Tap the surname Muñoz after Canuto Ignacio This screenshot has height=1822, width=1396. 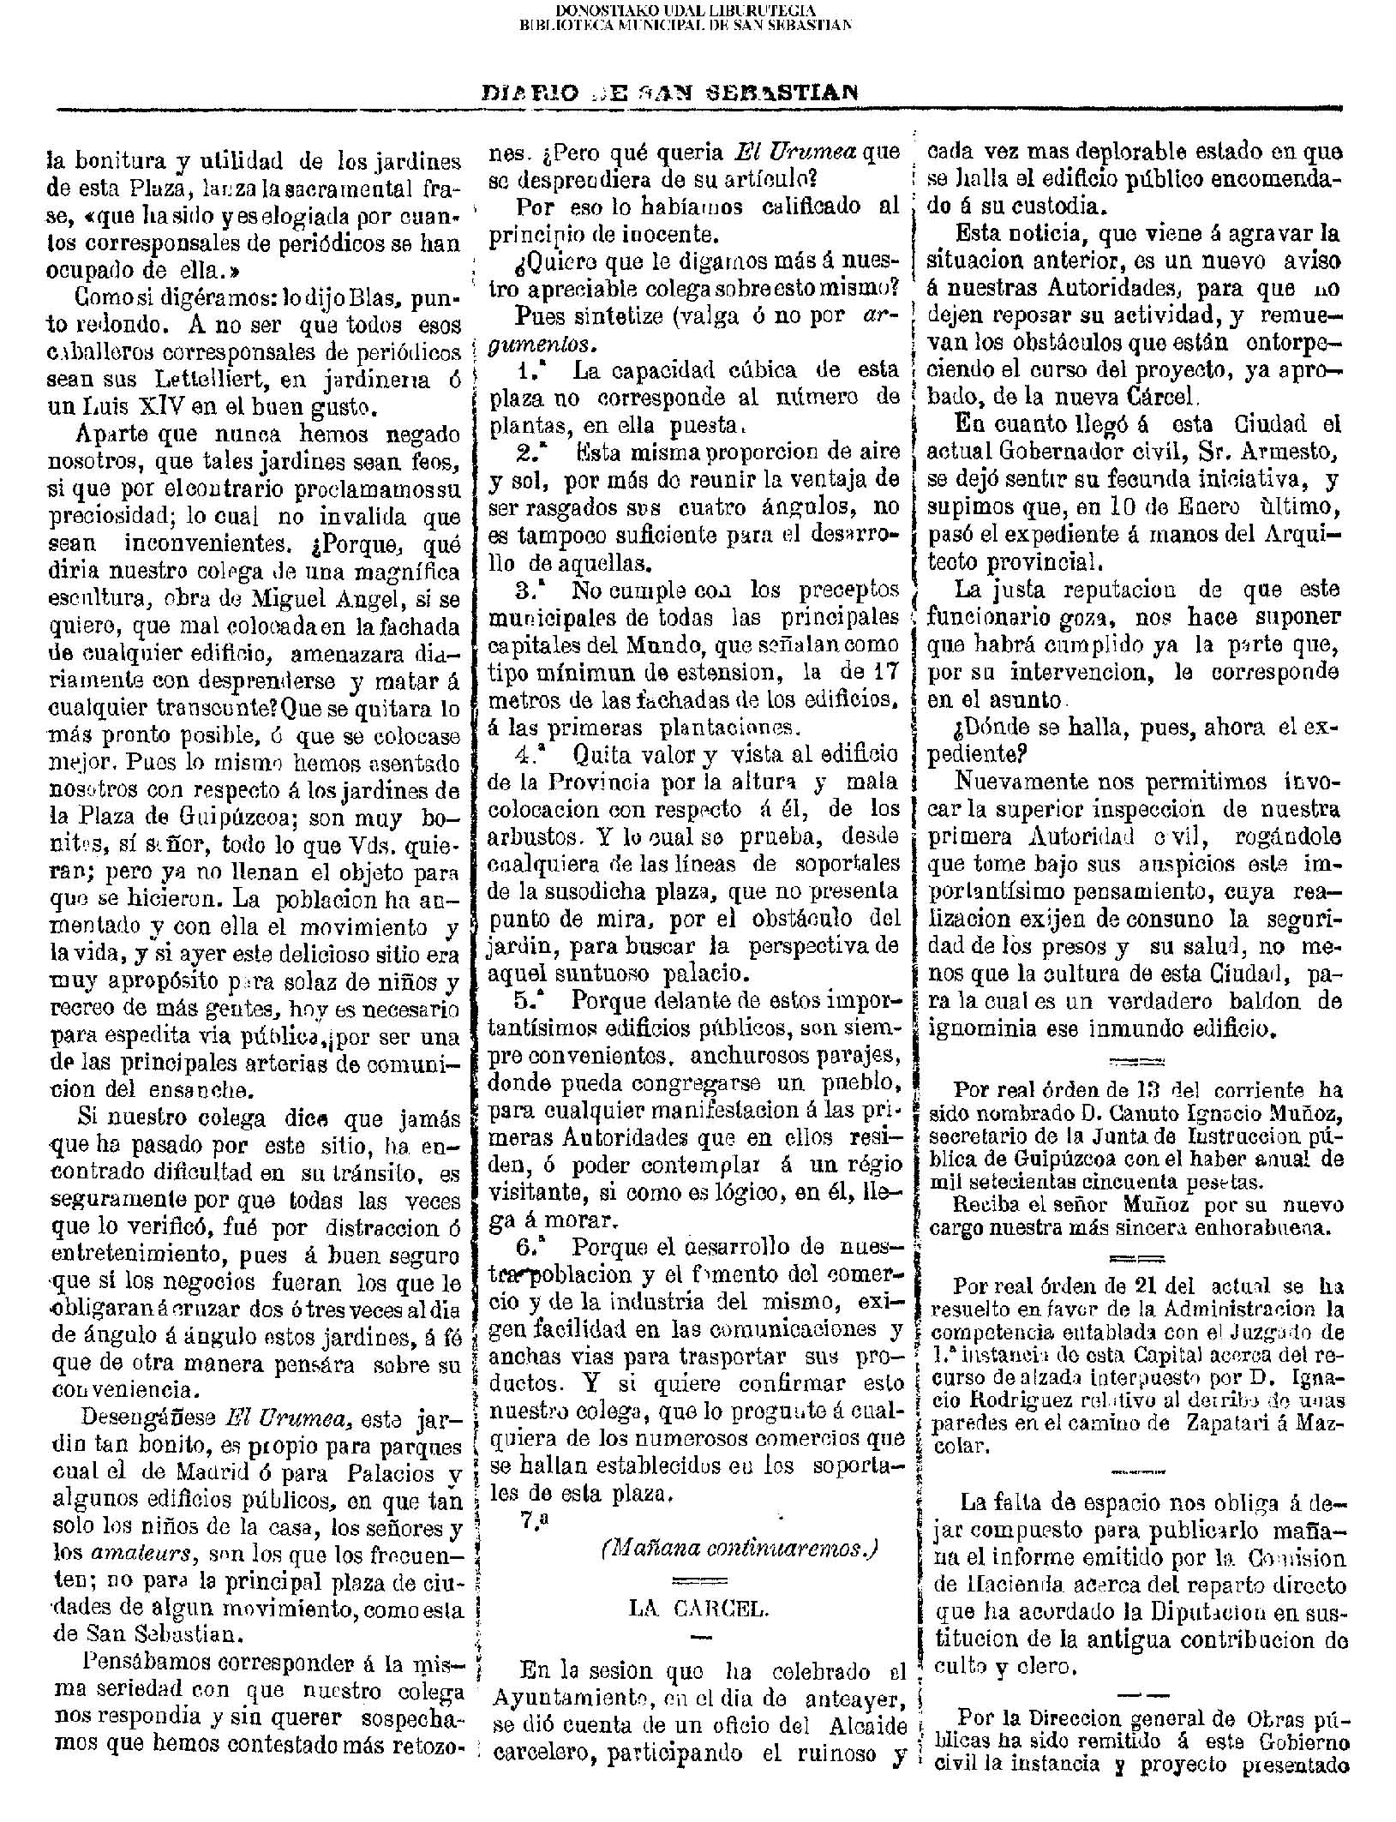click(x=1288, y=1116)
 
